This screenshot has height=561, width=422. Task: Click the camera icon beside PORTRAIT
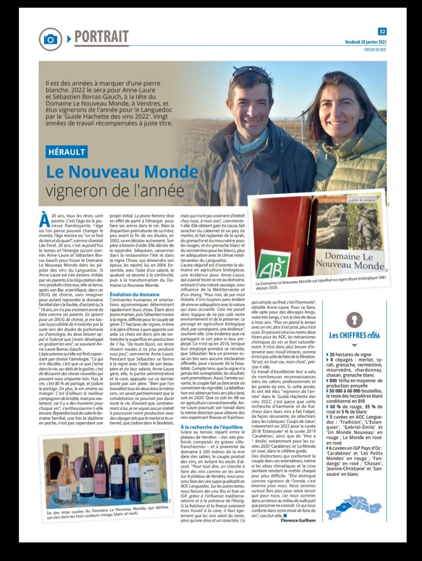coord(50,39)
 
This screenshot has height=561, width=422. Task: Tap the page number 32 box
coord(382,31)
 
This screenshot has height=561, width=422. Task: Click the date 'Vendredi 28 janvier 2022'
coord(365,42)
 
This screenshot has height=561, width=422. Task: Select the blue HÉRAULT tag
coord(67,151)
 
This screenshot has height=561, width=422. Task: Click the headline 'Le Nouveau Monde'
coord(122,171)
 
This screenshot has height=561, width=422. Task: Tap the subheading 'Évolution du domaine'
coord(134,294)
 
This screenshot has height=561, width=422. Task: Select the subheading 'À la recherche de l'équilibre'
coord(211,427)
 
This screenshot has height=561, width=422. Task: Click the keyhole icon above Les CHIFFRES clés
coord(355,319)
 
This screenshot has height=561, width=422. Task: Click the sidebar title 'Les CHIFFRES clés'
coord(355,335)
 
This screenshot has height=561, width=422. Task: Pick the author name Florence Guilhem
coord(298,520)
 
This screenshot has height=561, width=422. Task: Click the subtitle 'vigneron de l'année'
coord(115,190)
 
